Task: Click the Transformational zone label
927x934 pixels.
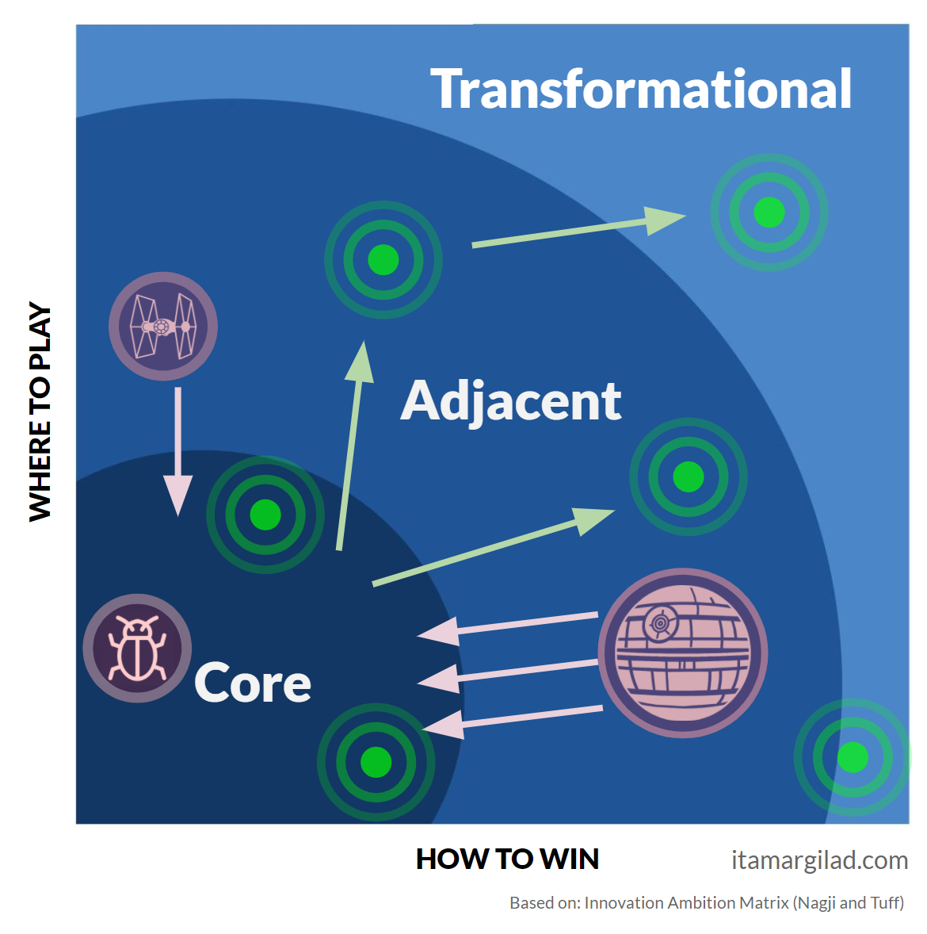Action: coord(641,89)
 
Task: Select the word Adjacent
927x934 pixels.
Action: coord(511,401)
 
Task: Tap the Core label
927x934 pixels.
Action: coord(253,683)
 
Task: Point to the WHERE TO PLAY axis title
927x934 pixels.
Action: coord(40,411)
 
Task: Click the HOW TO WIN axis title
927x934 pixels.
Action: coord(507,859)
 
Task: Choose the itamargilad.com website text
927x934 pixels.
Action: coord(819,860)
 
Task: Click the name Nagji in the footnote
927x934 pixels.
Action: coord(816,903)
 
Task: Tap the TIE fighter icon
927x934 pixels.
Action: coord(163,326)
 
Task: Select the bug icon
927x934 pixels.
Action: coord(138,648)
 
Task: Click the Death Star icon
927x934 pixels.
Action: coord(682,653)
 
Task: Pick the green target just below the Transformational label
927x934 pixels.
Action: coord(769,212)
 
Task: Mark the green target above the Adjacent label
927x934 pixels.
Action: coord(383,259)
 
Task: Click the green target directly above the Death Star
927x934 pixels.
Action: coord(689,477)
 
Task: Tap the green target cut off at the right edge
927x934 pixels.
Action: coord(853,757)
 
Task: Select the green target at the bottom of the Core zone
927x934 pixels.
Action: coord(376,762)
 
